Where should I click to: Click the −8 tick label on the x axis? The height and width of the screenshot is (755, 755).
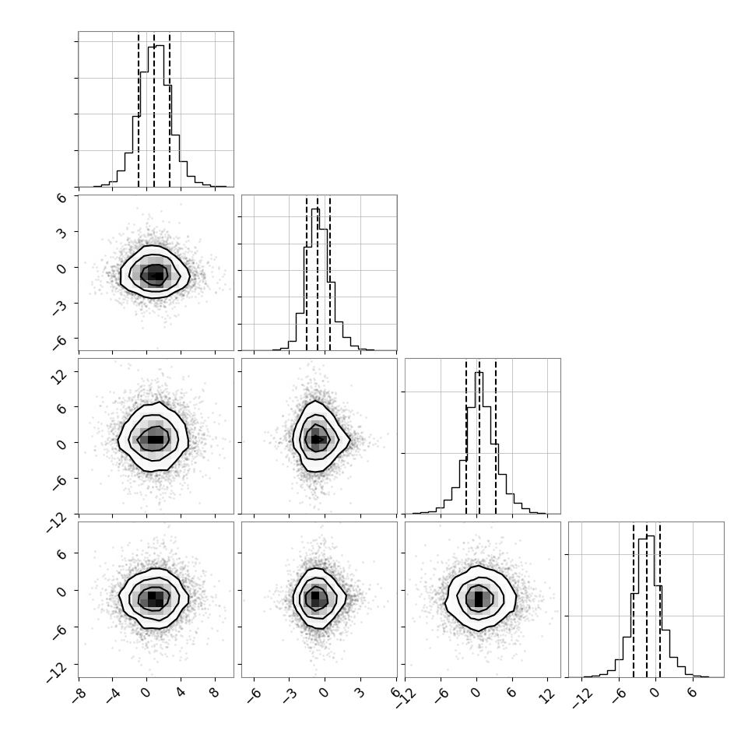78,694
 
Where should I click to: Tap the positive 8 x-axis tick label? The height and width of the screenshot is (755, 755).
214,693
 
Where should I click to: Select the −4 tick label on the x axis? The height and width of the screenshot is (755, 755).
112,694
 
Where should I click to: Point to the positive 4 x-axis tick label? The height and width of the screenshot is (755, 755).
180,693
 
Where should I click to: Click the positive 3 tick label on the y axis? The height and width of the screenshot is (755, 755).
61,232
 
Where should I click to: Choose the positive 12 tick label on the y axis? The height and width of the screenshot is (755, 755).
58,374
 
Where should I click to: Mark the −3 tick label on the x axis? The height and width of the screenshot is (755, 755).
289,694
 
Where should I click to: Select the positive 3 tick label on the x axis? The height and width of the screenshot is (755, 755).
360,693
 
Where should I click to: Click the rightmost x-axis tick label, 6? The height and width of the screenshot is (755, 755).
692,693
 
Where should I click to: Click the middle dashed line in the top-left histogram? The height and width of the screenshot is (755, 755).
154,110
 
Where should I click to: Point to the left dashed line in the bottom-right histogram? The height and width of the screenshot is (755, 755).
634,600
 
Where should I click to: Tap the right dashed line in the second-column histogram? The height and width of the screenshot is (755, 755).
330,273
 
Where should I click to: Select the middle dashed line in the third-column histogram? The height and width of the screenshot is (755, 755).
479,437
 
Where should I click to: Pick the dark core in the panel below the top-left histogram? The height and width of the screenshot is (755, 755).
155,275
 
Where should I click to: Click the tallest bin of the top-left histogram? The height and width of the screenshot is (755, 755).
160,116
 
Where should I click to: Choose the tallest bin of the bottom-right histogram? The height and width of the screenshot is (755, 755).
650,606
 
